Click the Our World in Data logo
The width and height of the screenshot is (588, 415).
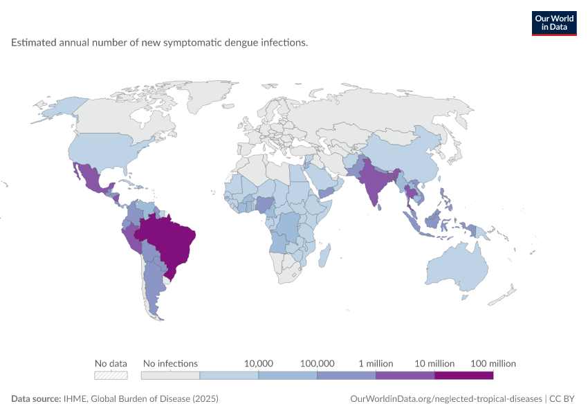pos(554,24)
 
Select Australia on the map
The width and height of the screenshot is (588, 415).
pos(458,267)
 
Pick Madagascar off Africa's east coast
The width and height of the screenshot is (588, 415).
pos(324,255)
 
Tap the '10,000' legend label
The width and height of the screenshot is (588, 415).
pos(259,363)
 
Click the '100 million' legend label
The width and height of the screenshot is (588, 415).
pos(493,363)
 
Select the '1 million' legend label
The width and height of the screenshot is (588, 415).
pos(376,363)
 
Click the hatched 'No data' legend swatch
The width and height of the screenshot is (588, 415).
pos(111,376)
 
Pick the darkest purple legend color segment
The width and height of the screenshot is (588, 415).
pos(464,376)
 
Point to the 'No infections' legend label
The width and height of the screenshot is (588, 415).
pos(170,363)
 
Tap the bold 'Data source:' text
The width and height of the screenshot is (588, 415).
pos(36,398)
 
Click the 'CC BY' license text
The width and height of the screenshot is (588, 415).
pos(562,398)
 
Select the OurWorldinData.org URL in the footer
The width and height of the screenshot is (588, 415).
pos(446,398)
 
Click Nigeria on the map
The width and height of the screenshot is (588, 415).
pos(265,204)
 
